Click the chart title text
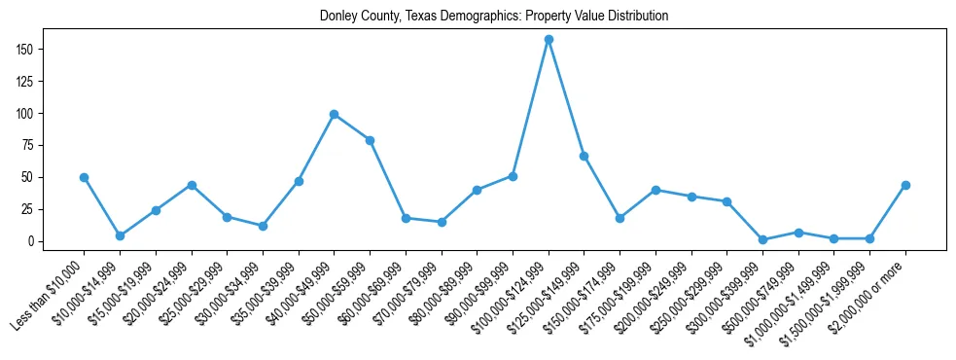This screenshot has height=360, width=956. pos(494,17)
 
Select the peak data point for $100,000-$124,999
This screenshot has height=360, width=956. pos(549,39)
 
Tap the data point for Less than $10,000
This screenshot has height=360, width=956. pos(84,177)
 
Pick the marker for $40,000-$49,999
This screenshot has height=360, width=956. pos(334,114)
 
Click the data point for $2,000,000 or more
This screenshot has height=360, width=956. pos(905,185)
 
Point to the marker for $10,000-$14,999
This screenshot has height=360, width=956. pos(120,235)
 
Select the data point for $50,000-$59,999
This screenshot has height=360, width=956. pos(370,140)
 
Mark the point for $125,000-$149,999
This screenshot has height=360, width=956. pos(584,156)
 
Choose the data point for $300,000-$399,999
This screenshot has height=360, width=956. pos(762,239)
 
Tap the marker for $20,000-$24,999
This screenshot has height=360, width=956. pos(192,185)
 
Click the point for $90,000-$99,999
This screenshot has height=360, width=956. pos(513,176)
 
